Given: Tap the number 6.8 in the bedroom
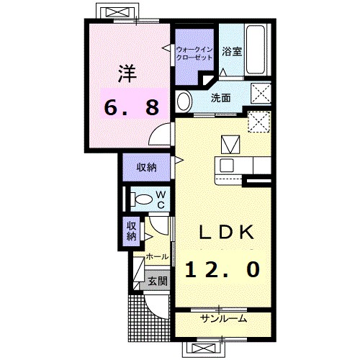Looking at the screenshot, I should (130, 107).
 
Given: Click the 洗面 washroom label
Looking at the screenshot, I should (220, 97).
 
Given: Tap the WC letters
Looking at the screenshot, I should (161, 199).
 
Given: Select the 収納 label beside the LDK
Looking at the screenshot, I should (147, 167).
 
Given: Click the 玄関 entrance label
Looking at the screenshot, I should (158, 281).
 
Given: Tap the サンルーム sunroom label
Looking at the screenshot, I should (223, 318).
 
